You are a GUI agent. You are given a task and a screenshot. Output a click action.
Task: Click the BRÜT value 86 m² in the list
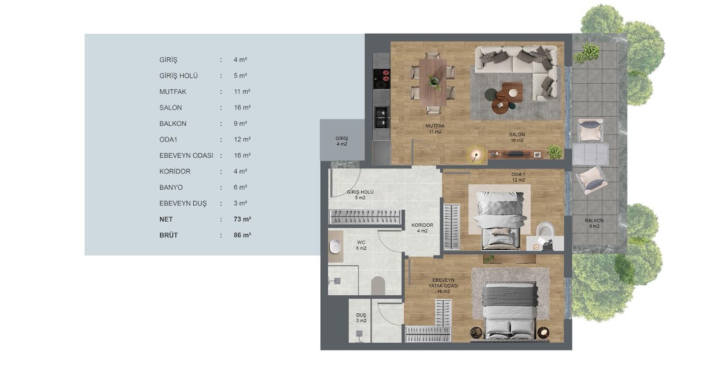(x=242, y=235)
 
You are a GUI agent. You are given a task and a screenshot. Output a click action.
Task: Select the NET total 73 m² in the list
(x=242, y=219)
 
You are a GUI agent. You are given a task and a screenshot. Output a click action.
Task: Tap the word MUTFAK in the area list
(x=172, y=91)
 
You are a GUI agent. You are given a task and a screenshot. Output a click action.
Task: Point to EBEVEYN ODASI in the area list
(x=186, y=155)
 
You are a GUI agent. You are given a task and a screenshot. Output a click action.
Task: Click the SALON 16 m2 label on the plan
(x=517, y=138)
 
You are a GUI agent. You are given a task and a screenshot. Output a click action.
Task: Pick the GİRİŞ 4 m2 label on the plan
(x=342, y=141)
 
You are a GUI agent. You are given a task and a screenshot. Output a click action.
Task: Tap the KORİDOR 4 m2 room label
(x=422, y=228)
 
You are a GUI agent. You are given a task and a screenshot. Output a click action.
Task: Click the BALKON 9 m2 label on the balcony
(x=594, y=223)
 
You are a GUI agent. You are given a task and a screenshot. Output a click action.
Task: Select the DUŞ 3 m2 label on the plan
(x=361, y=318)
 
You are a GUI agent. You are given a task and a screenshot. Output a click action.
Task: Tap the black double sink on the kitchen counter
(x=382, y=117)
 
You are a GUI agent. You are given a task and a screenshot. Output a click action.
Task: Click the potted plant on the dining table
(x=434, y=82)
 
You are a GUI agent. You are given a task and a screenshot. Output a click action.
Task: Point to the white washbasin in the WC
(x=335, y=246)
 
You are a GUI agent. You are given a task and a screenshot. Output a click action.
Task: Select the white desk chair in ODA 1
(x=545, y=229)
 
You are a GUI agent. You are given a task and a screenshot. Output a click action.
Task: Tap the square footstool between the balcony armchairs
(x=590, y=154)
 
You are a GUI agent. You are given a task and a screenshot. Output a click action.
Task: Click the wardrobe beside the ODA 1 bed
(x=452, y=227)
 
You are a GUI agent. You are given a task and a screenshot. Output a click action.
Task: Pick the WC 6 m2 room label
(x=361, y=245)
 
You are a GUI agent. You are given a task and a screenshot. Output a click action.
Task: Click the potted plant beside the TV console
(x=554, y=152)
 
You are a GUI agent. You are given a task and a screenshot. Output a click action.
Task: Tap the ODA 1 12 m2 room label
(x=518, y=177)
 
